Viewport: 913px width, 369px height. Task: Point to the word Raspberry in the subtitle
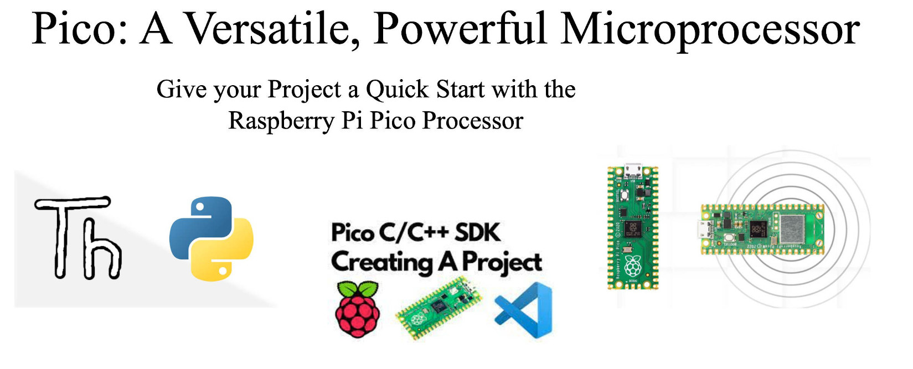[x=281, y=121]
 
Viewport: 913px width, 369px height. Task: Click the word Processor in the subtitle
[x=472, y=121]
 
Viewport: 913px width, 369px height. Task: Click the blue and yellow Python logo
[x=211, y=238]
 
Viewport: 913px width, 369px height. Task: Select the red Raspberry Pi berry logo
[x=358, y=309]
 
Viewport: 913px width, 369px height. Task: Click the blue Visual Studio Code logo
[x=524, y=310]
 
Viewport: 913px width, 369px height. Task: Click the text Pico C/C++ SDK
[x=416, y=232]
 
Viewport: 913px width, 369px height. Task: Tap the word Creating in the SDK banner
[x=382, y=262]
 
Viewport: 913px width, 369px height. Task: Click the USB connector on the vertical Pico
[x=633, y=170]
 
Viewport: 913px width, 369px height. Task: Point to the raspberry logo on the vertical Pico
[x=632, y=266]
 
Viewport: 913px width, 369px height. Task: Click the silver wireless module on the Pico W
[x=791, y=230]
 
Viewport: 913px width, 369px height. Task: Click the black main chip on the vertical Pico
[x=633, y=229]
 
